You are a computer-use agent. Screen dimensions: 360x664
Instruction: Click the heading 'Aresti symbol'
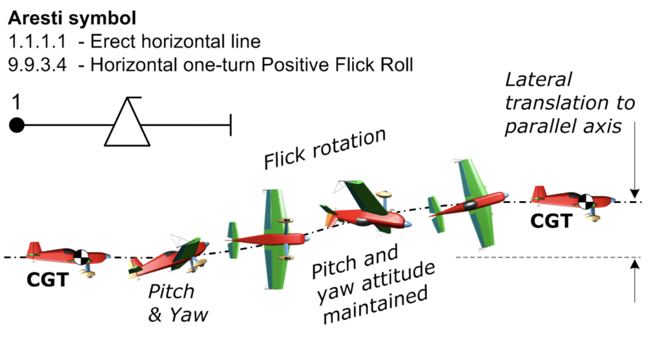pos(72,18)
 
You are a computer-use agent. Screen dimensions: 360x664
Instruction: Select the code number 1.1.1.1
pos(37,42)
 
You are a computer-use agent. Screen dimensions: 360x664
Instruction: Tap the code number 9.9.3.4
pos(37,65)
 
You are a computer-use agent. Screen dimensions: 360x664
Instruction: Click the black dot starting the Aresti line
pos(17,125)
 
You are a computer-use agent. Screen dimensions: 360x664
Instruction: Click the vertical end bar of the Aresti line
pos(231,125)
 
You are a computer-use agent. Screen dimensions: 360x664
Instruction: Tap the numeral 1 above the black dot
pos(16,102)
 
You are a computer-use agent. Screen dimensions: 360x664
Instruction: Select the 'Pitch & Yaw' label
pos(177,303)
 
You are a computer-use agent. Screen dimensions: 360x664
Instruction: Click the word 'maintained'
pos(375,305)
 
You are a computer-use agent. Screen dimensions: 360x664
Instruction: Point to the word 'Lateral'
pos(538,80)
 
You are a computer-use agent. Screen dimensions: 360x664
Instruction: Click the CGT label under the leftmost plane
pos(48,280)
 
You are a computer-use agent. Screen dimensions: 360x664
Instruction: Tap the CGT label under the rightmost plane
pos(551,221)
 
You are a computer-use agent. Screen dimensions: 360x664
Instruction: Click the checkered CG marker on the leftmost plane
pos(81,257)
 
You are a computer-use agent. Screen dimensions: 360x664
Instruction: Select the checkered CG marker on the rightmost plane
pos(586,201)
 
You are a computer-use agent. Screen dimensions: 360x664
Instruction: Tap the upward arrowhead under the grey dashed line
pos(634,264)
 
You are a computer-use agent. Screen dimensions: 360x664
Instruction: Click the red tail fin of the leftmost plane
pos(33,248)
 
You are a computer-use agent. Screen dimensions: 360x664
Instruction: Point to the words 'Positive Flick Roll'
pos(337,65)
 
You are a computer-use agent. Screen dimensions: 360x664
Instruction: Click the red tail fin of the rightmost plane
pos(539,192)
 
